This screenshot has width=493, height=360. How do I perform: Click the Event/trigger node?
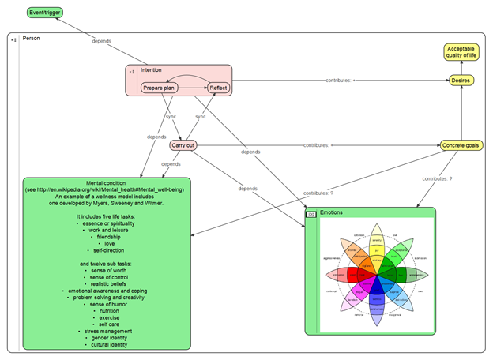[x=44, y=13]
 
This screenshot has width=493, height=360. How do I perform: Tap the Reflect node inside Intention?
[x=218, y=88]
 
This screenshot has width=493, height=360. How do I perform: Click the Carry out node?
[x=183, y=144]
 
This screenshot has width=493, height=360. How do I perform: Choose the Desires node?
[x=461, y=81]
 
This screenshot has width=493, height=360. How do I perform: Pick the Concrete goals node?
[x=461, y=145]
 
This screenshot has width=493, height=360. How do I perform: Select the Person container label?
[x=32, y=38]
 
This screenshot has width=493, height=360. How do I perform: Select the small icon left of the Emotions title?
[x=312, y=213]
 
